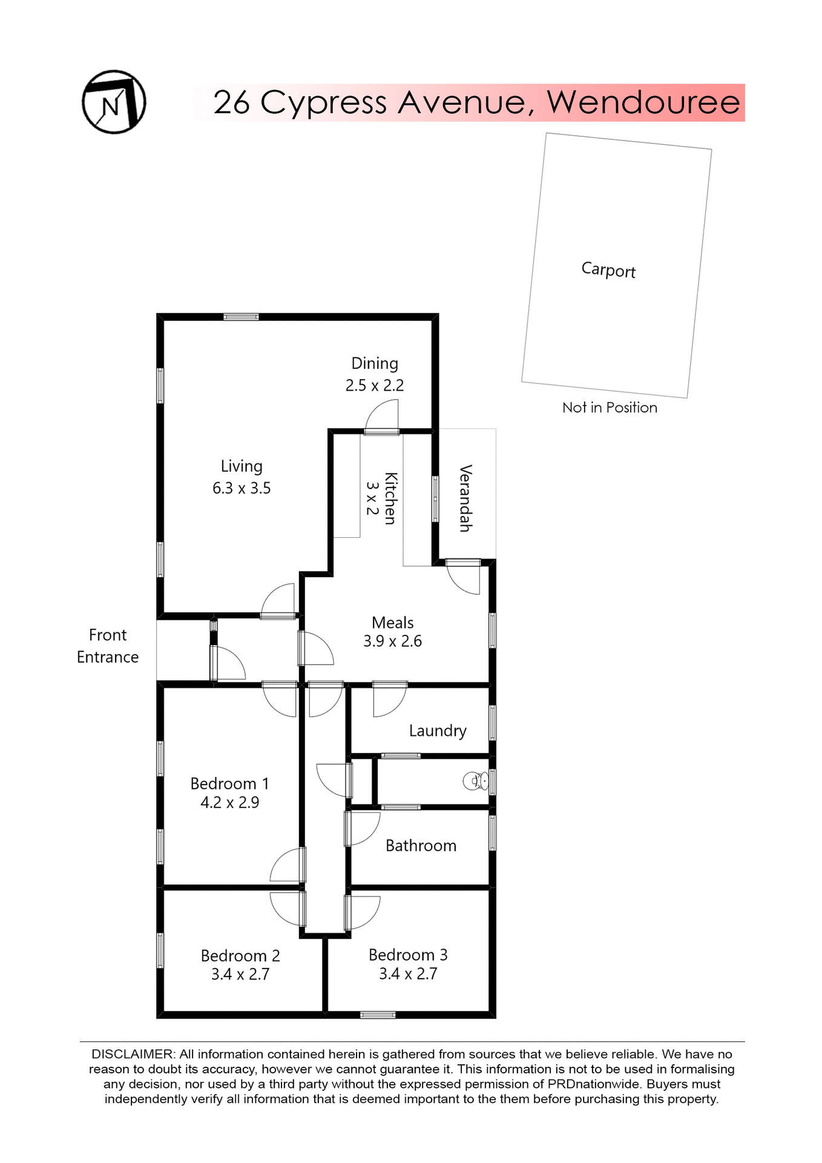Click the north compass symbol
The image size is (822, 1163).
pos(114,102)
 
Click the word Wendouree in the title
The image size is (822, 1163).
pos(643,102)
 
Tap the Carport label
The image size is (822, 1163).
pos(608,270)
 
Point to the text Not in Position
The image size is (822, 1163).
pos(610,408)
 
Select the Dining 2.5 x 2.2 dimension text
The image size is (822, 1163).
pos(375,385)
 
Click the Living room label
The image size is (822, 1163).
pos(242,466)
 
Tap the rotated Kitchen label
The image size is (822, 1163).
pos(390,498)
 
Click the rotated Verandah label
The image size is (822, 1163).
pos(465,498)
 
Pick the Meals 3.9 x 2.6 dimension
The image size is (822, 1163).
pos(392,641)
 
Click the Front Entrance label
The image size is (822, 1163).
pos(108,646)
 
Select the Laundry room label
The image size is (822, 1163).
pos(438,731)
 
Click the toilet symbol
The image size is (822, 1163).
pos(475,781)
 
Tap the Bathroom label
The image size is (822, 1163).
pos(421,846)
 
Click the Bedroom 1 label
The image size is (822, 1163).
pos(229,784)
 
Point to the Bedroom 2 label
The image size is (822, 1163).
pos(240,956)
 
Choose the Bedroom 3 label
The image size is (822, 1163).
pos(408,955)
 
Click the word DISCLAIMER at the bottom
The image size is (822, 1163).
pos(133,1055)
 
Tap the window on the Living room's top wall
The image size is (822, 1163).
pos(241,317)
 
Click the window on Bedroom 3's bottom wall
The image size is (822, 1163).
pos(378,1015)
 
